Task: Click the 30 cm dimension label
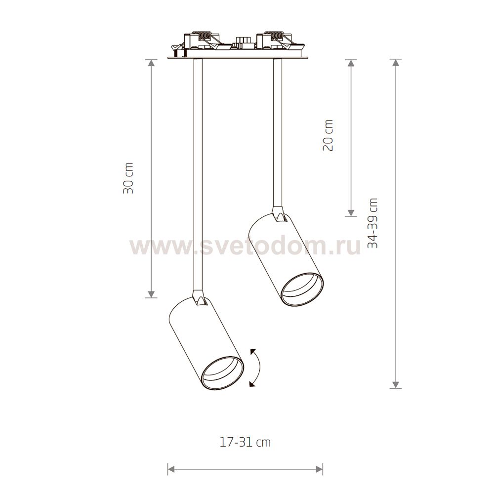(128, 178)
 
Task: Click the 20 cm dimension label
(328, 135)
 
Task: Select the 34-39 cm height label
(372, 223)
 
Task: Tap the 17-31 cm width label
(245, 442)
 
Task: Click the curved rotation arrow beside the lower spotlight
(259, 368)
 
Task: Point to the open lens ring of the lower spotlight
(223, 373)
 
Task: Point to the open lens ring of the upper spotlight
(302, 289)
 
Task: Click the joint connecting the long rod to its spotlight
(199, 298)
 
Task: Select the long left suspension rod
(198, 174)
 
